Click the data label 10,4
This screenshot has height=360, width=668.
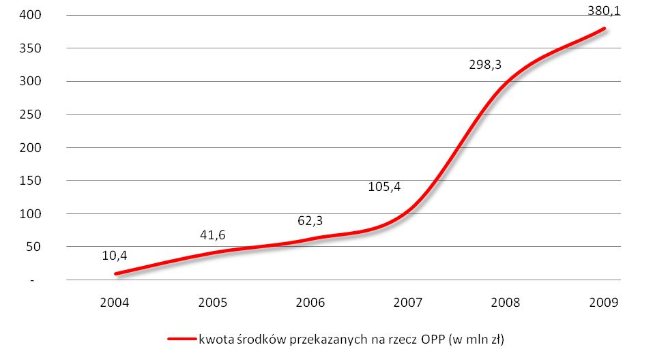pyautogui.click(x=115, y=256)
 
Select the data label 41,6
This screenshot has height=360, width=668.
pyautogui.click(x=212, y=235)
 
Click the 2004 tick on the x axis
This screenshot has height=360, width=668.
pyautogui.click(x=115, y=302)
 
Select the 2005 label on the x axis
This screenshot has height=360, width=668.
pyautogui.click(x=212, y=302)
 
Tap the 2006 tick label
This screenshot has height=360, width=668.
pyautogui.click(x=310, y=302)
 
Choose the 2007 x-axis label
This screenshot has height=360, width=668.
pyautogui.click(x=408, y=302)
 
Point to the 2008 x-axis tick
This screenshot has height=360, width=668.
pyautogui.click(x=506, y=302)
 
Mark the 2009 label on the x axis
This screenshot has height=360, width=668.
pyautogui.click(x=603, y=302)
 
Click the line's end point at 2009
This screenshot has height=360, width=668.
pyautogui.click(x=604, y=28)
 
